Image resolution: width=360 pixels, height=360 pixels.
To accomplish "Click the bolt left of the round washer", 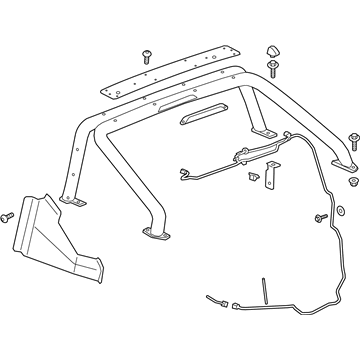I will tap(322, 218).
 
